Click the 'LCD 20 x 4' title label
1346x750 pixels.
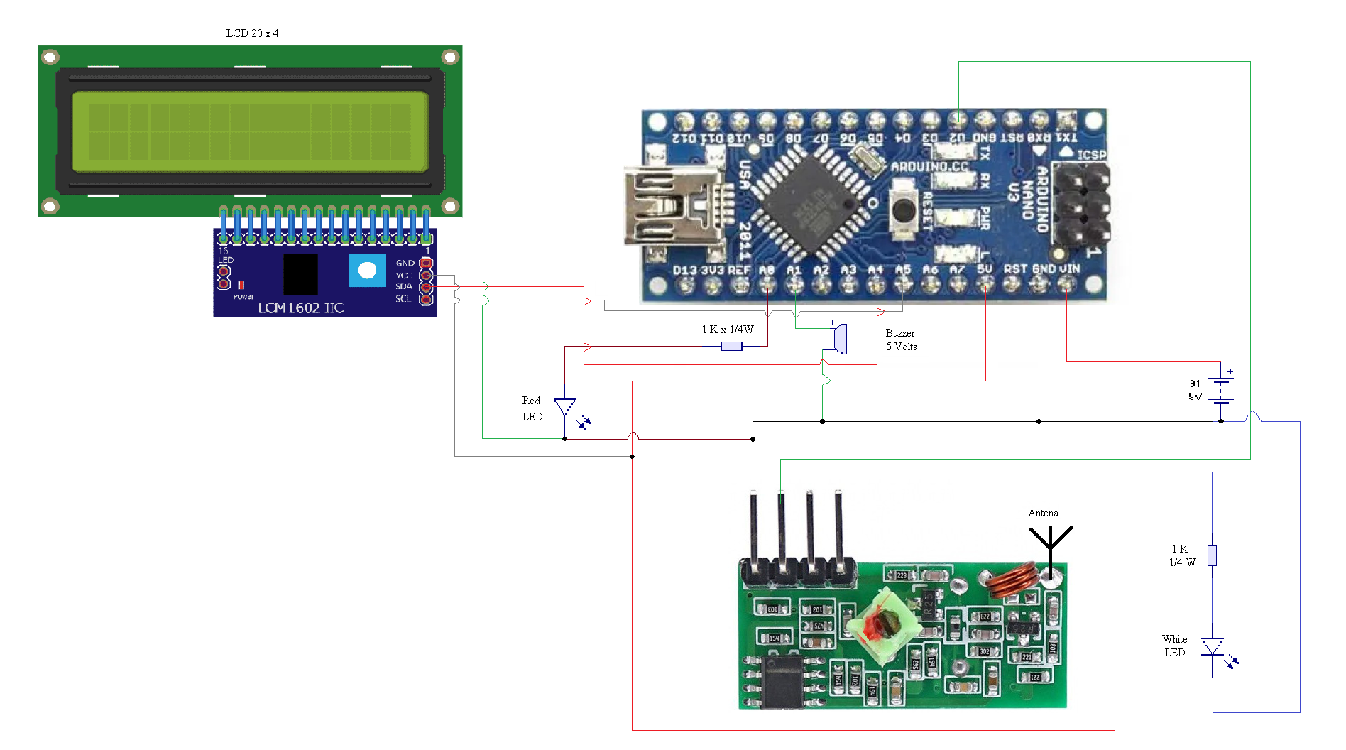coord(252,33)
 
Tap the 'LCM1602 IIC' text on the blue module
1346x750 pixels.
coord(300,308)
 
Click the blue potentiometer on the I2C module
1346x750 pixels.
coord(367,271)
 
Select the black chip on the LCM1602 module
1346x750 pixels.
coord(300,274)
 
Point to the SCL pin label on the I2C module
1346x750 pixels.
coord(403,299)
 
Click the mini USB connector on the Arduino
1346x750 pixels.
coord(664,206)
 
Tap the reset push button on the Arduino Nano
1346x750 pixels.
coord(903,210)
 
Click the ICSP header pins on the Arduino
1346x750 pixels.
coord(1081,205)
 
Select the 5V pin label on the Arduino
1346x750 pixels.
coord(985,269)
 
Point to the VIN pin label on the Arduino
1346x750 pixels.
coord(1069,269)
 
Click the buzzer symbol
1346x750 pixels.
coord(839,339)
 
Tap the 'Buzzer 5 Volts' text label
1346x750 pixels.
coord(901,339)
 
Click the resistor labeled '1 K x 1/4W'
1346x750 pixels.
coord(731,346)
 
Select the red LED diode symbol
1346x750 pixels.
coord(564,408)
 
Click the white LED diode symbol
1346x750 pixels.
coord(1212,647)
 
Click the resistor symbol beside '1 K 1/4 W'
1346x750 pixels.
coord(1212,555)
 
